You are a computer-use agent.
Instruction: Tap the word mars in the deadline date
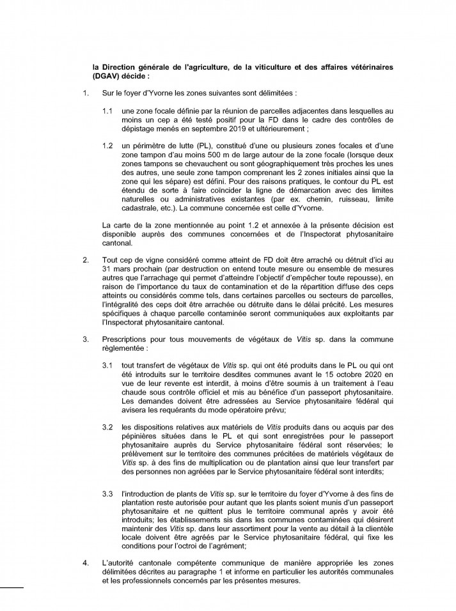pos(121,270)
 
